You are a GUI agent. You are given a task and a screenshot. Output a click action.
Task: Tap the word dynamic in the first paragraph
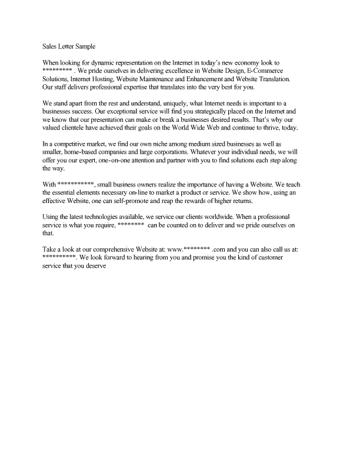(x=110, y=62)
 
